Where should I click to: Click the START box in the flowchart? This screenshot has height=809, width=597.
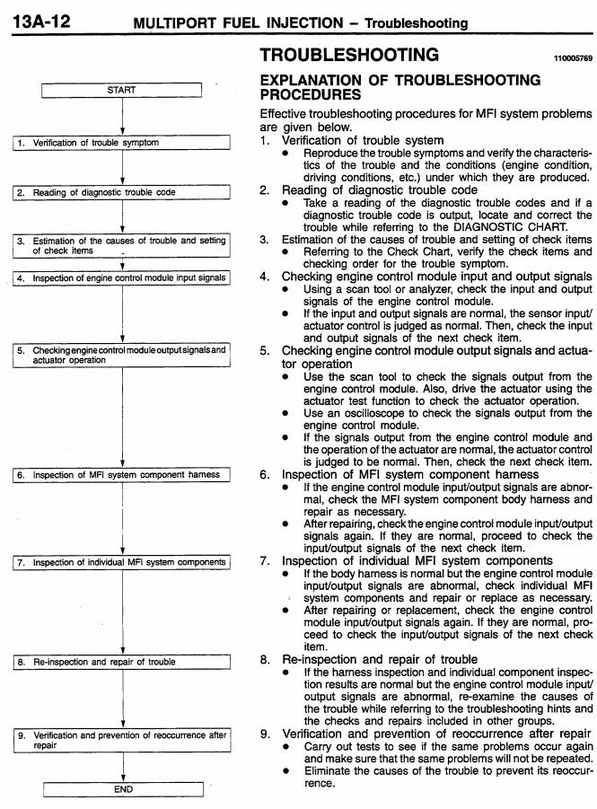(122, 90)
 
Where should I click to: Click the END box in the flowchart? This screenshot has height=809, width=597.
(122, 789)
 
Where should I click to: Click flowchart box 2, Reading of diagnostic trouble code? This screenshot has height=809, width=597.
(122, 192)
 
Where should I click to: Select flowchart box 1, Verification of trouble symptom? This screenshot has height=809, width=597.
(122, 143)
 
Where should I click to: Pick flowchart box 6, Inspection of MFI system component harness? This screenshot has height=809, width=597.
(122, 474)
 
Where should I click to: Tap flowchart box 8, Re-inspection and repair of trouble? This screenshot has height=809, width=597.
(122, 662)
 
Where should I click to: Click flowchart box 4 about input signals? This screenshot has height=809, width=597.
(122, 278)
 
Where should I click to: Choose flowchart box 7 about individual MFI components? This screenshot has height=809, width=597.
(122, 563)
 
